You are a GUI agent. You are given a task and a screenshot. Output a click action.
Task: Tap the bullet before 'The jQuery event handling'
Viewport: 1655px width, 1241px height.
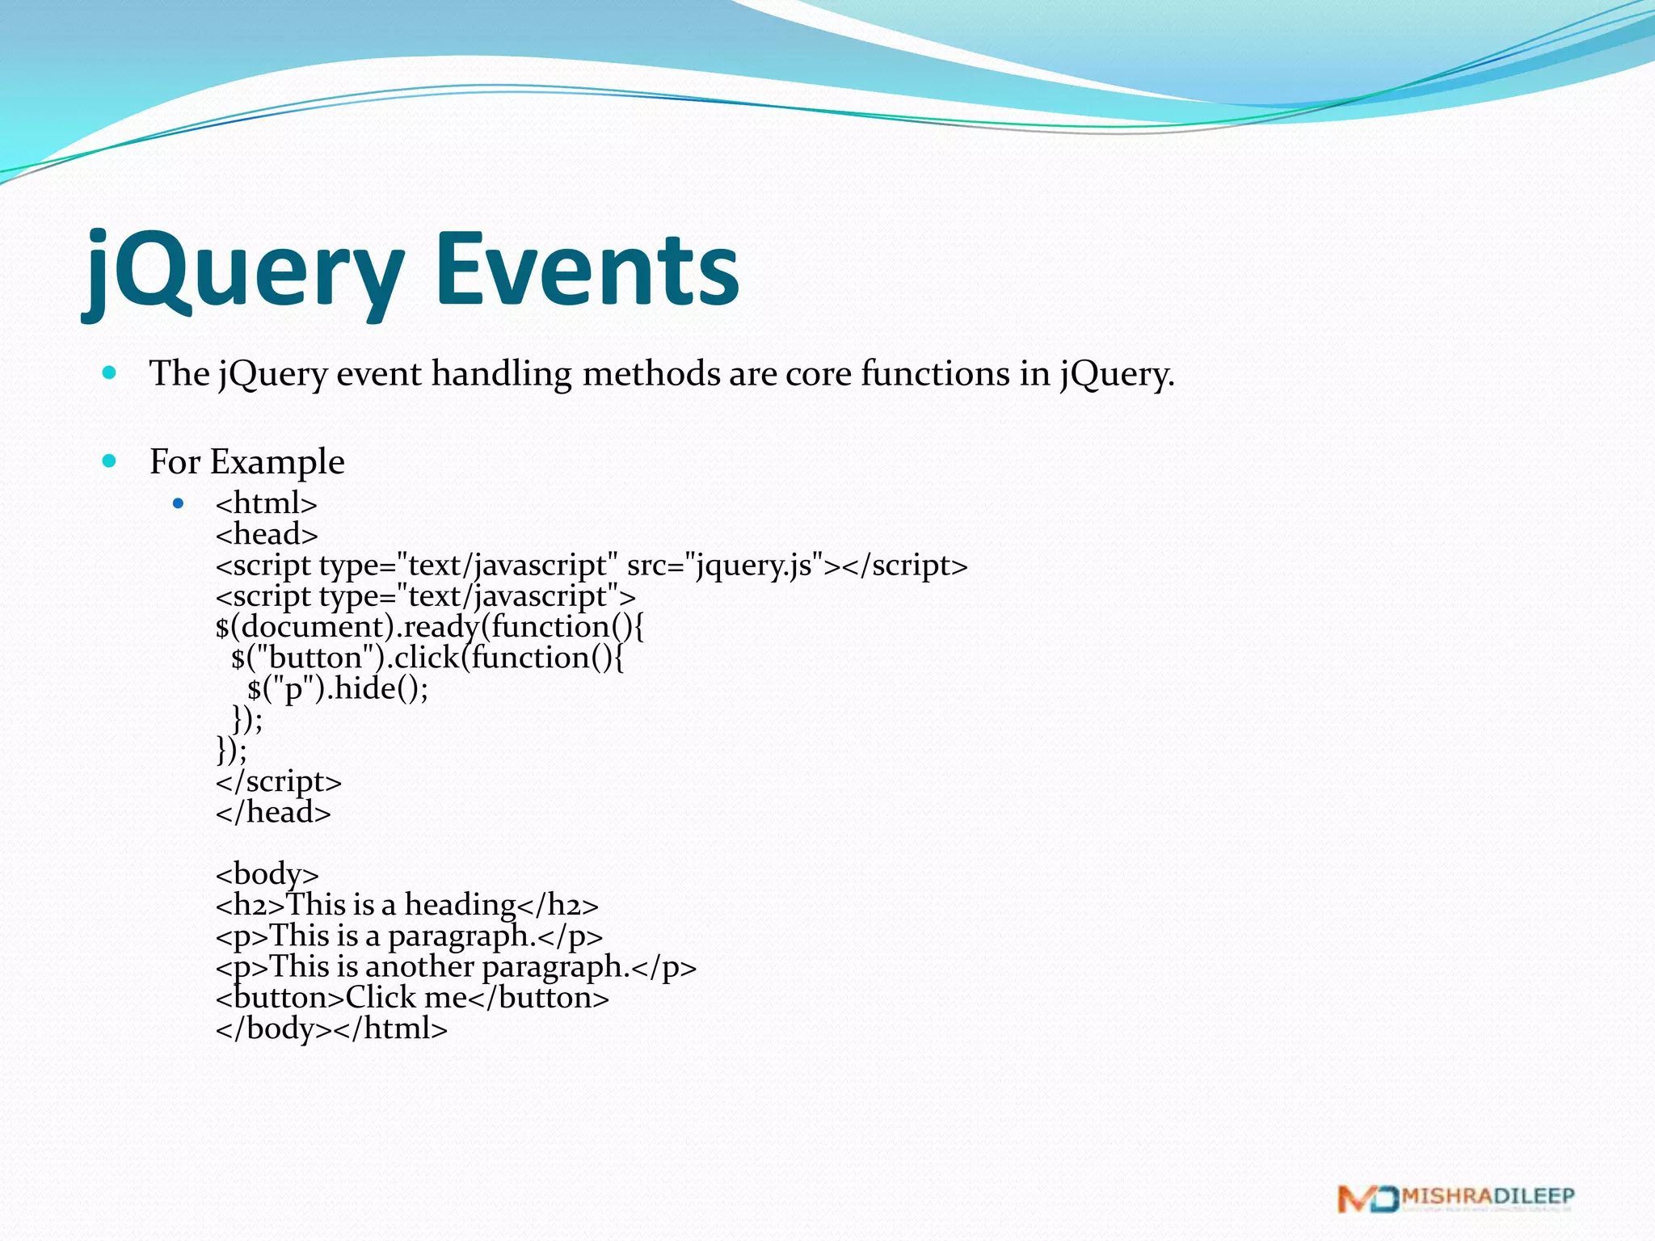tap(110, 373)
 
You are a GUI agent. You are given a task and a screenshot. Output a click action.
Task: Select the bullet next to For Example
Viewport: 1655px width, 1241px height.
tap(110, 461)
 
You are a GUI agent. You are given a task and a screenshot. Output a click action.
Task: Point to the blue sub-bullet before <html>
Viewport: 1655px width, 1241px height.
tap(179, 504)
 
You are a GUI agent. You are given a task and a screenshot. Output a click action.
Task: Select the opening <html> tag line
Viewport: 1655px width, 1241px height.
tap(266, 503)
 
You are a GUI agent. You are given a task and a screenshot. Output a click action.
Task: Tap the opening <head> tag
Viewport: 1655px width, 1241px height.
tap(267, 534)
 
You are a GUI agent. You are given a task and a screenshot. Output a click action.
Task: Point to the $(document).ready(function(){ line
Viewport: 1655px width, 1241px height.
tap(429, 627)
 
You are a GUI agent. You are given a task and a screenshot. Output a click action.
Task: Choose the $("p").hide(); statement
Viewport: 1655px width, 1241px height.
tap(338, 689)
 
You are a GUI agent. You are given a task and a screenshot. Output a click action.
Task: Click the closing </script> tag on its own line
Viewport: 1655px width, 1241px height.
tap(278, 781)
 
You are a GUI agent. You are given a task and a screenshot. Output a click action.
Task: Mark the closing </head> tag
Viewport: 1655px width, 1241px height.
tap(273, 812)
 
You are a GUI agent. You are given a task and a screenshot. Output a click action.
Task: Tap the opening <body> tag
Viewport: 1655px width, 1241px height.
tap(267, 874)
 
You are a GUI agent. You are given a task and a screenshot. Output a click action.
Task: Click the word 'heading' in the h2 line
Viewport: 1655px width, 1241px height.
tap(460, 905)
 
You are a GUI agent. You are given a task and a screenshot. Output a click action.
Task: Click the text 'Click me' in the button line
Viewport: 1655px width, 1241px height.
tap(406, 998)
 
